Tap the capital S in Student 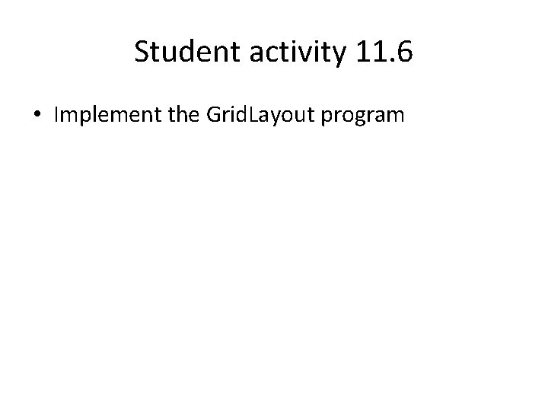click(x=142, y=53)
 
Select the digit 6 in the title click(x=403, y=53)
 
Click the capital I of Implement click(x=56, y=116)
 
